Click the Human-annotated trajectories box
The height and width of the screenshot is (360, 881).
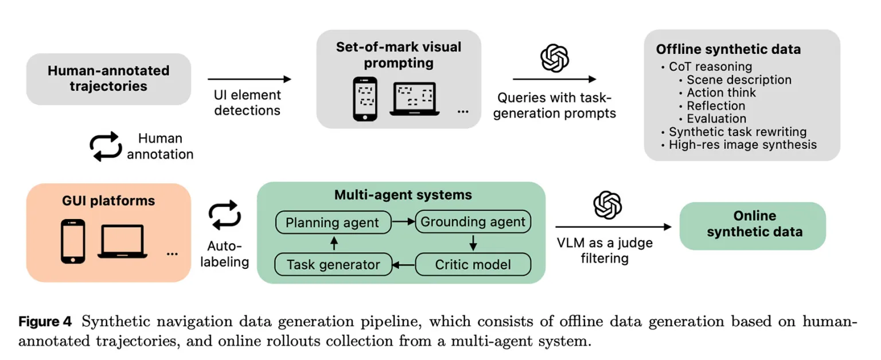[108, 79]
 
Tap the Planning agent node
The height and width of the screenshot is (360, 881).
[333, 222]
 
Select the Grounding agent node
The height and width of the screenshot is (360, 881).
[473, 222]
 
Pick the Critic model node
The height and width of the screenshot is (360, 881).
[473, 265]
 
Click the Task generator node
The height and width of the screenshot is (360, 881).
[333, 265]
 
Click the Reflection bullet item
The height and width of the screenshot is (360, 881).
[716, 106]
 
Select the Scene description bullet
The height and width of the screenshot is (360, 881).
[739, 80]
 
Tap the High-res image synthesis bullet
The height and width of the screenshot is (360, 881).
[742, 144]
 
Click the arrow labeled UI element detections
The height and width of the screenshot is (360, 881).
[249, 80]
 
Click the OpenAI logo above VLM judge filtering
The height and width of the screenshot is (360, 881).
[607, 205]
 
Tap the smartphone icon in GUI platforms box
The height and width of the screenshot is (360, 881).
[73, 241]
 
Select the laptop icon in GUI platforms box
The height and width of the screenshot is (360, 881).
[122, 242]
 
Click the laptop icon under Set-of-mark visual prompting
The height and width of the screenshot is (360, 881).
[415, 99]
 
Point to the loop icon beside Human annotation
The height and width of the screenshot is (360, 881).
[106, 147]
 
